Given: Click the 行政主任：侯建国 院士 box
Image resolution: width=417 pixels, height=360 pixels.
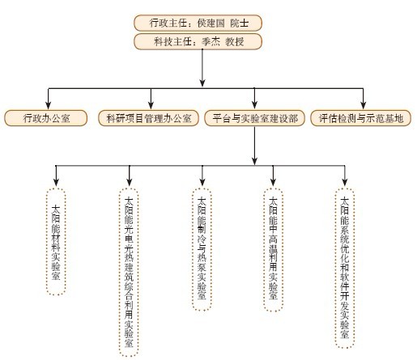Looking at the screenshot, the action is (198, 23).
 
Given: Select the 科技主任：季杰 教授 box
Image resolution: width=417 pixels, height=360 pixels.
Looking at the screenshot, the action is (198, 41).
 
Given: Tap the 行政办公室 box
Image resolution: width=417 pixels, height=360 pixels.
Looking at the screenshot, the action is (46, 118).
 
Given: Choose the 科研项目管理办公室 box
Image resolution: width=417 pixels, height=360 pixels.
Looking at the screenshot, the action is (148, 118).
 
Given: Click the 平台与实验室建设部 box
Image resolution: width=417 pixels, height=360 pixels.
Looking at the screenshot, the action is (254, 118).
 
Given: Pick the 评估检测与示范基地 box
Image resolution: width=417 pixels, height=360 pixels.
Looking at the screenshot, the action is (361, 118).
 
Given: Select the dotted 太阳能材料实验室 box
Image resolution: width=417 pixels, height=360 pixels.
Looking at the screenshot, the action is (56, 241).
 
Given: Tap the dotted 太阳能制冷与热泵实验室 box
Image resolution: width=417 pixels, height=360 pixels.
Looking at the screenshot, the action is (202, 249).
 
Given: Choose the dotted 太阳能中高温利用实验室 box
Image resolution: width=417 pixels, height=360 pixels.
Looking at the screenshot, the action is (273, 249).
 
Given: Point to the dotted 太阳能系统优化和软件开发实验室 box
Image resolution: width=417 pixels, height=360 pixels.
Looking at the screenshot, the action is (345, 268).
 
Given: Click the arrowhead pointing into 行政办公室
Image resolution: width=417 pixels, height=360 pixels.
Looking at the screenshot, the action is (49, 105).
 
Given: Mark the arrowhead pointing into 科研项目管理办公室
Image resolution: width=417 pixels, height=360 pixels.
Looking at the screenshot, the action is (151, 105).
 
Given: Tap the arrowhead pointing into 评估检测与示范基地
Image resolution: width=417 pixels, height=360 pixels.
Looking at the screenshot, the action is (364, 105).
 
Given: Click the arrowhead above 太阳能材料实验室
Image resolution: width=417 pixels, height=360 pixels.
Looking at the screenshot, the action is (56, 182).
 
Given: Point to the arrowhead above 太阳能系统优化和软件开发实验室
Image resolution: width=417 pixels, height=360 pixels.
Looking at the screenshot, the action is (345, 182).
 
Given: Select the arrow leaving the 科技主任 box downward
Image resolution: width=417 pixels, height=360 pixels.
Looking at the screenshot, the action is (202, 68).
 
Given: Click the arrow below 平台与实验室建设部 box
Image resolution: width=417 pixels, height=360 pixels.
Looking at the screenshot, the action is (254, 146).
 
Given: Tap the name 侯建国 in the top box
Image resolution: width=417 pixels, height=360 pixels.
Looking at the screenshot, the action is (211, 23).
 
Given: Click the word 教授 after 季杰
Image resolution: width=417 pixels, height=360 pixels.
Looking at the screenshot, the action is (235, 41).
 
